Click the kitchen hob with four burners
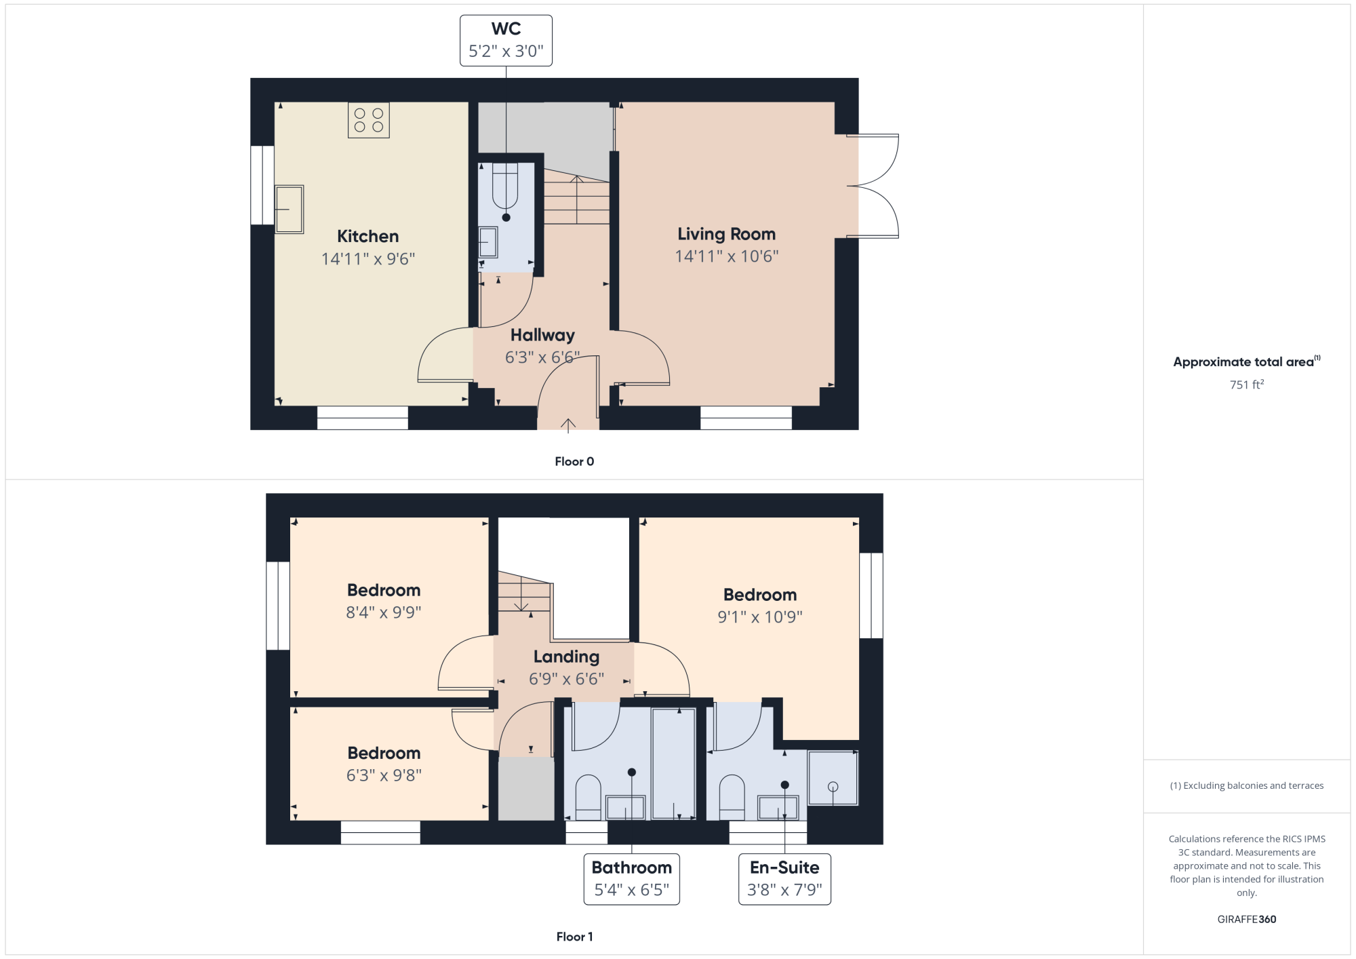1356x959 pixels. (369, 120)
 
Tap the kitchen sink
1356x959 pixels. (290, 210)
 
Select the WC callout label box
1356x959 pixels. (506, 41)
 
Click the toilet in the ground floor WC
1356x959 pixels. (505, 186)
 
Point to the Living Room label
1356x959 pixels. (727, 234)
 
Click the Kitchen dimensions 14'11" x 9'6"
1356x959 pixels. (368, 258)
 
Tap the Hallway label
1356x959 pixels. (542, 335)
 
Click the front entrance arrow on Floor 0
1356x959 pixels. (568, 425)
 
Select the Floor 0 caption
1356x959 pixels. (574, 461)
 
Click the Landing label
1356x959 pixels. (566, 657)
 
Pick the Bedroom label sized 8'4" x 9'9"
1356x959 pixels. (384, 590)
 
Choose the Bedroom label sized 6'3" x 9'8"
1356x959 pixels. (384, 753)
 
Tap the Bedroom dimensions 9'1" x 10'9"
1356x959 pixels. (760, 616)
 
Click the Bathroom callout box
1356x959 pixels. (632, 879)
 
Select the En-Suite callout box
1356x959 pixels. (784, 879)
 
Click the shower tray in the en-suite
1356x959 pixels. (833, 778)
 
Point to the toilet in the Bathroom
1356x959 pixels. (588, 798)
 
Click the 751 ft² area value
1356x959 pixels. (1247, 385)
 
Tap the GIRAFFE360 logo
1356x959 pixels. (1247, 919)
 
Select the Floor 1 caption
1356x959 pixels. (574, 937)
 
